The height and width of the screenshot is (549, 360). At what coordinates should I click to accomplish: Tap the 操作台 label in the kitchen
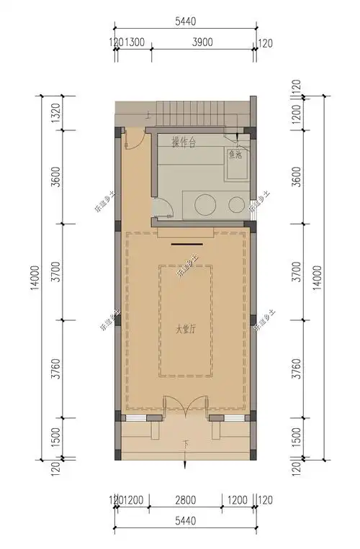click(x=184, y=142)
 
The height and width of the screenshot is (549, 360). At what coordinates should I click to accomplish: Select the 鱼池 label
click(x=235, y=154)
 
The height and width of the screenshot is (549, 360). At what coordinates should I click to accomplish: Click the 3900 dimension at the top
click(x=202, y=42)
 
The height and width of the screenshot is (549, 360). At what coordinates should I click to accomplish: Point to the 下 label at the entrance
click(x=186, y=443)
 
